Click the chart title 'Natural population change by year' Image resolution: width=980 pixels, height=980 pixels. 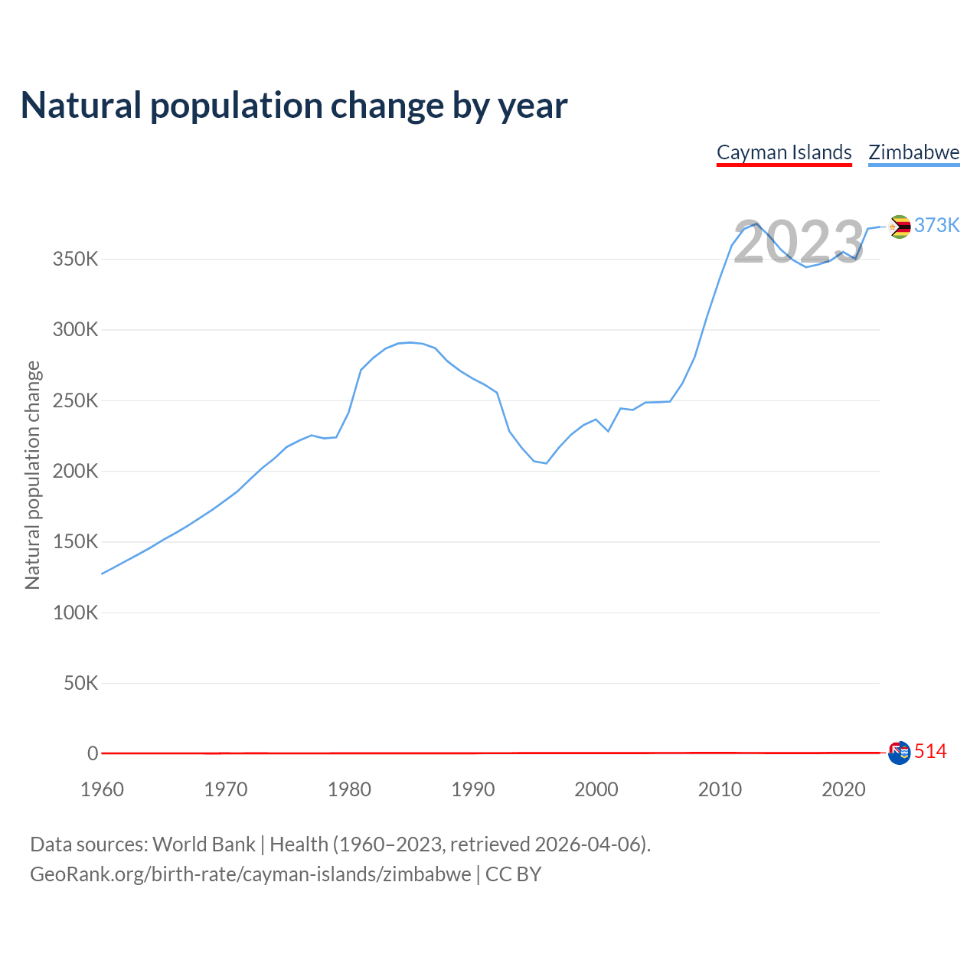(294, 106)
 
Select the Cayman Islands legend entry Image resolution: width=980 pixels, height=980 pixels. (784, 152)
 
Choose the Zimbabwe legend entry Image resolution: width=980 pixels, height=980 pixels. (913, 152)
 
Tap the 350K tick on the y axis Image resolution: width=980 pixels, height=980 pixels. (76, 260)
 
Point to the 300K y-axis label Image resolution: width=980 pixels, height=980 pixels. (76, 330)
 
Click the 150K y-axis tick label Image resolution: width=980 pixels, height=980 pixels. (76, 542)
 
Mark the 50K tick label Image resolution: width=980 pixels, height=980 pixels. (80, 683)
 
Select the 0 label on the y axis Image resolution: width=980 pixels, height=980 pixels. (93, 753)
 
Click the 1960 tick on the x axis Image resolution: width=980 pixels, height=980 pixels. (102, 789)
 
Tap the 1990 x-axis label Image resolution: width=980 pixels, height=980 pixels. (472, 789)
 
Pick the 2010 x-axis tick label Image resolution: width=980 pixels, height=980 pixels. (720, 789)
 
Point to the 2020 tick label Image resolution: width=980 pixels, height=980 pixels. (843, 789)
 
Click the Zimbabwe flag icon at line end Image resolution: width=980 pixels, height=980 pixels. (900, 227)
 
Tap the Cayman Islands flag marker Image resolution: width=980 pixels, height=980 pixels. (899, 753)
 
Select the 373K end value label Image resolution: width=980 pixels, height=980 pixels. (937, 225)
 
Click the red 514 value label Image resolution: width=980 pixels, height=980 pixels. (931, 752)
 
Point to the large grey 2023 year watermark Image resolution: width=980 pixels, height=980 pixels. (799, 242)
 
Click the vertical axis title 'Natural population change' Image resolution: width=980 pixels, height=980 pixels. (33, 475)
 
